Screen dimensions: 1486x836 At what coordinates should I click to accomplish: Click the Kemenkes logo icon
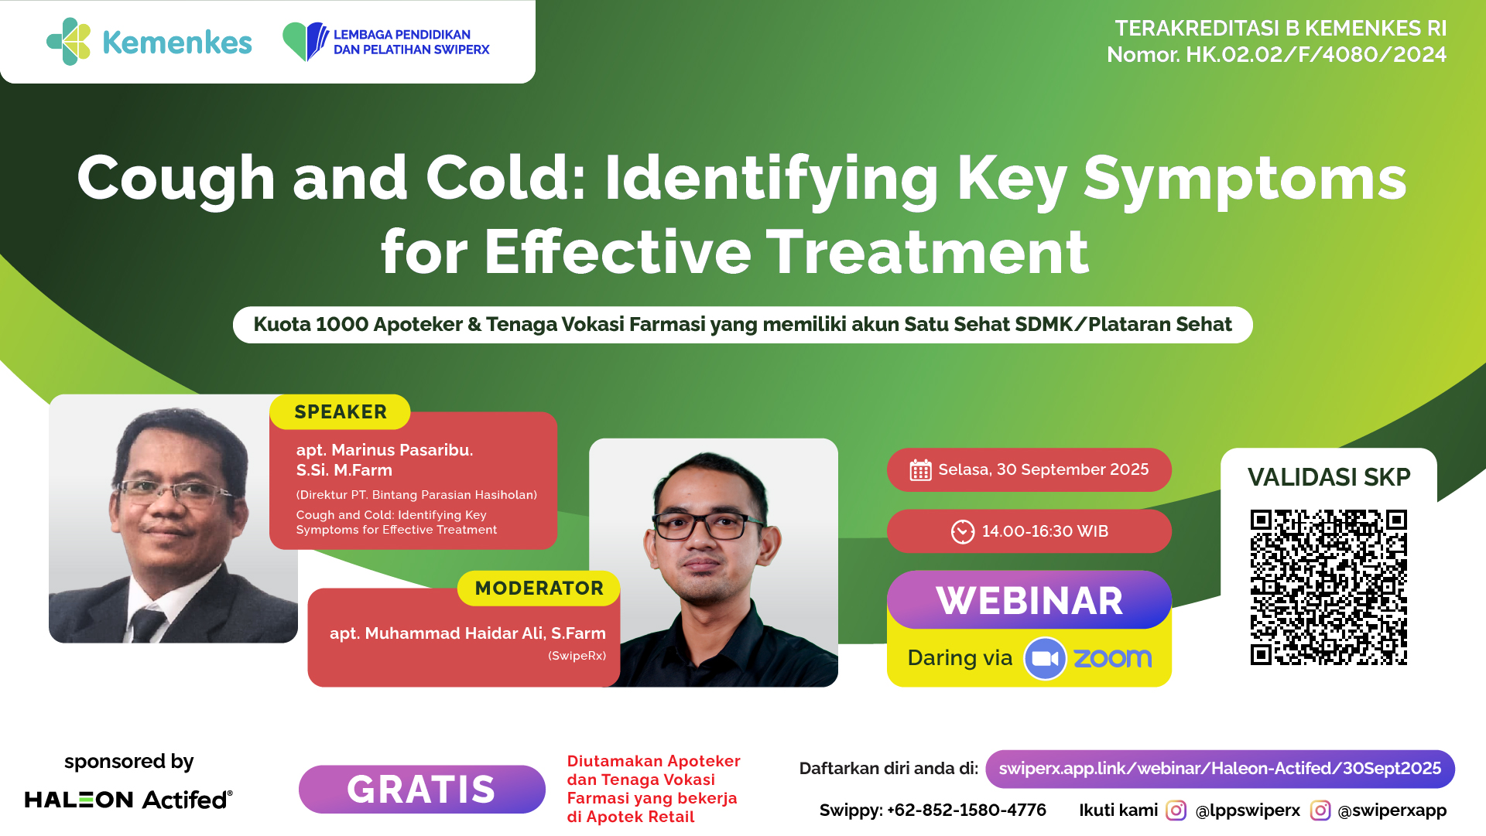(69, 42)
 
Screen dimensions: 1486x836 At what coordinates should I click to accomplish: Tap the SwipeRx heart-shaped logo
(306, 42)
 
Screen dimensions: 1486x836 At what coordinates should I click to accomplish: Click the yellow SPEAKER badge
(340, 412)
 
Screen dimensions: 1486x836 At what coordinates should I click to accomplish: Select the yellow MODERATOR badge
(539, 589)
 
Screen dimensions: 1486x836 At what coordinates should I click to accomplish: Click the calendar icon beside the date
(920, 470)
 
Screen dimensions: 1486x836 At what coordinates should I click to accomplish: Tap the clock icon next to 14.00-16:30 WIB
(963, 532)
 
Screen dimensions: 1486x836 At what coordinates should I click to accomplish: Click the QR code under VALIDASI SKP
(1329, 587)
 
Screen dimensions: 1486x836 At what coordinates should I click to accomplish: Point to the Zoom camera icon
(1045, 659)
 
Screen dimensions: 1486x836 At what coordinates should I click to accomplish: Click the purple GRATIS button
(422, 790)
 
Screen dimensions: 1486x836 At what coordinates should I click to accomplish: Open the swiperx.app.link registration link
(1220, 769)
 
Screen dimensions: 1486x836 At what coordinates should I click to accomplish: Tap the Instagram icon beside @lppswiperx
(1176, 810)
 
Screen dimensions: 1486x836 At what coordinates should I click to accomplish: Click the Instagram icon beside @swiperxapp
(1320, 810)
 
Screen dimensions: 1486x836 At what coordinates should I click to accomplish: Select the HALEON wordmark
(79, 800)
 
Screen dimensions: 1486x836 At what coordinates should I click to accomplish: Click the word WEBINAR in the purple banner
(1029, 601)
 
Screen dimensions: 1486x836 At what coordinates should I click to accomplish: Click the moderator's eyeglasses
(708, 526)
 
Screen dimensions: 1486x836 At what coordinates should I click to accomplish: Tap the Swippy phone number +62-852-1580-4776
(967, 810)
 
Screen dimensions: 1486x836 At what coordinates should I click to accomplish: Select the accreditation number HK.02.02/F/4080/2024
(1316, 55)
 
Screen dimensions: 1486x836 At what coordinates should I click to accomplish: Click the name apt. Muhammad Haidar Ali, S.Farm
(467, 633)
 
